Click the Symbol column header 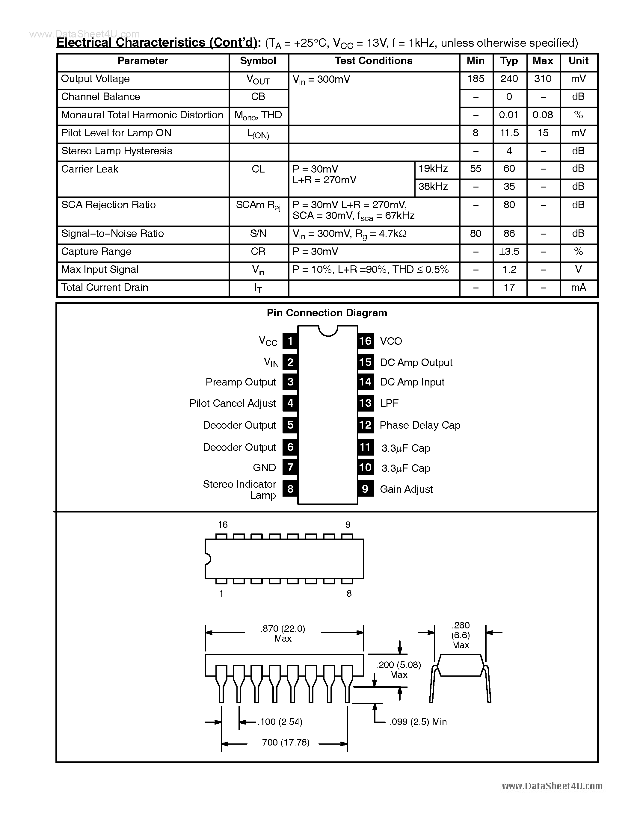258,61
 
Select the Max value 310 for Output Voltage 543,79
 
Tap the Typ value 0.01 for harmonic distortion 509,115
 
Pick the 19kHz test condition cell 433,169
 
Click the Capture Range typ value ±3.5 509,252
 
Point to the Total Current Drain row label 105,288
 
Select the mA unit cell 578,288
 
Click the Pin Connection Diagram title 327,313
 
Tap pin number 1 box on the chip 290,341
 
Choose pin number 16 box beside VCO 365,341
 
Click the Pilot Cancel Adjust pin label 233,403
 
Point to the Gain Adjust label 406,489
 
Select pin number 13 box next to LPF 365,403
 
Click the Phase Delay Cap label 420,425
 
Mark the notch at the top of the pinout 327,330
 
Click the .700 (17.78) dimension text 285,743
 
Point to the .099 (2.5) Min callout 418,722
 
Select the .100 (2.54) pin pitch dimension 281,722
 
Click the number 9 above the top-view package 348,525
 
